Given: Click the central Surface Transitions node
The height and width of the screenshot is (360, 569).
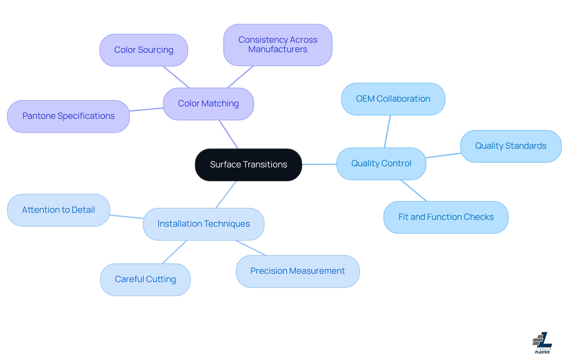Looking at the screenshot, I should pyautogui.click(x=248, y=165).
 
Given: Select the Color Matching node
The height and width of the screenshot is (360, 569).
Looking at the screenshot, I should pyautogui.click(x=208, y=104).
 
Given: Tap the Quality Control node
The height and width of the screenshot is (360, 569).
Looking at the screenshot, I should pyautogui.click(x=381, y=164).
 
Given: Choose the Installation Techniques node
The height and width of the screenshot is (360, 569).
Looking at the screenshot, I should pyautogui.click(x=204, y=224).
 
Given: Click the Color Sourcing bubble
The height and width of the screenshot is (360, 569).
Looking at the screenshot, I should pyautogui.click(x=144, y=50).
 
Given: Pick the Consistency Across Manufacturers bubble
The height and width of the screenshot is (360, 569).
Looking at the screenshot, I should pyautogui.click(x=278, y=45).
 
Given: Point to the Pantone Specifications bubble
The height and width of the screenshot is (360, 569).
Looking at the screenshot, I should pyautogui.click(x=68, y=116).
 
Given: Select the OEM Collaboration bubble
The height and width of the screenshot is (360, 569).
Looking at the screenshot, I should pyautogui.click(x=393, y=99).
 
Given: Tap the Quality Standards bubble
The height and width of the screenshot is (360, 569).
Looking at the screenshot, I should pyautogui.click(x=511, y=146).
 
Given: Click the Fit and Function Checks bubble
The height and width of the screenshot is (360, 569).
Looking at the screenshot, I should pyautogui.click(x=446, y=217).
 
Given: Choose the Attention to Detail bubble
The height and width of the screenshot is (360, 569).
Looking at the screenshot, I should pyautogui.click(x=58, y=210).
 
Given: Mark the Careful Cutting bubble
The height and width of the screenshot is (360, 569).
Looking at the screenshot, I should pyautogui.click(x=145, y=279).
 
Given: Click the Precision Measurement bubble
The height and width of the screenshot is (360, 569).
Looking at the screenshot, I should pyautogui.click(x=298, y=271).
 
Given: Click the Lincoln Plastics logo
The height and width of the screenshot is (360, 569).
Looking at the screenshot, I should pyautogui.click(x=542, y=343).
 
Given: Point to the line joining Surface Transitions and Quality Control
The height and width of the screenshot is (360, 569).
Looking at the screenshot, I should pyautogui.click(x=319, y=164).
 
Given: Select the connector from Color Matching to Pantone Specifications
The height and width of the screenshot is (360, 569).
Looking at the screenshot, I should pyautogui.click(x=146, y=110).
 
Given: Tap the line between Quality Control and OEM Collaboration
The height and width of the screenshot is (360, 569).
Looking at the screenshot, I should pyautogui.click(x=387, y=131).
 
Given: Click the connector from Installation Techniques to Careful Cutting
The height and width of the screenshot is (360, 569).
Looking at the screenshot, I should pyautogui.click(x=175, y=252).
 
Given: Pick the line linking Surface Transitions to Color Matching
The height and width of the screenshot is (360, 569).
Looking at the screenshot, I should pyautogui.click(x=228, y=134).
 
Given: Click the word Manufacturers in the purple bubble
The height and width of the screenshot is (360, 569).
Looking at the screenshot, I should pyautogui.click(x=278, y=49).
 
